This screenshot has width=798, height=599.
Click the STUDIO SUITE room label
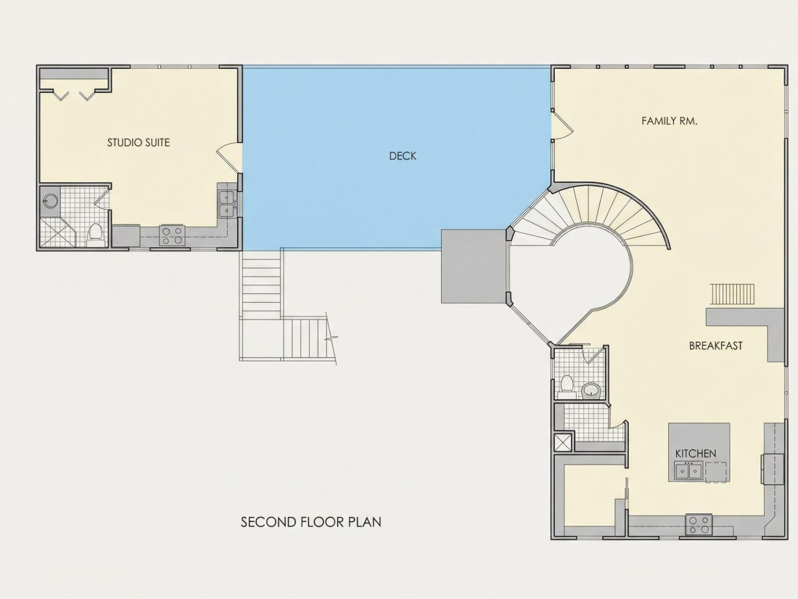pyautogui.click(x=139, y=142)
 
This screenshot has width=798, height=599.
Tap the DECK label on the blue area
pyautogui.click(x=403, y=156)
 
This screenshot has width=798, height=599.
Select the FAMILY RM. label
pyautogui.click(x=670, y=121)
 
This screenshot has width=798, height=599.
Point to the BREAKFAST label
pyautogui.click(x=715, y=346)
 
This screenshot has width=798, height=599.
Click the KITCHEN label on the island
pyautogui.click(x=696, y=453)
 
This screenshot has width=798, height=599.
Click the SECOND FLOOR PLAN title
pyautogui.click(x=311, y=522)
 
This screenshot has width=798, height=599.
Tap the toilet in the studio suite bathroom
pyautogui.click(x=95, y=235)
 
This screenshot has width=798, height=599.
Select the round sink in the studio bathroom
pyautogui.click(x=50, y=200)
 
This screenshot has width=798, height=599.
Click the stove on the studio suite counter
pyautogui.click(x=172, y=235)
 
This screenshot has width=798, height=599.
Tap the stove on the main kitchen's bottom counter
pyautogui.click(x=698, y=525)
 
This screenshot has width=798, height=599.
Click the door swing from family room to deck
pyautogui.click(x=562, y=126)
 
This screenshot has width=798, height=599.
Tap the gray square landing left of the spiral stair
pyautogui.click(x=474, y=266)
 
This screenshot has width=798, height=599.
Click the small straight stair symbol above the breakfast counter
pyautogui.click(x=733, y=294)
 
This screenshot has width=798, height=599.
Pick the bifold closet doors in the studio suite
pyautogui.click(x=74, y=94)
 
